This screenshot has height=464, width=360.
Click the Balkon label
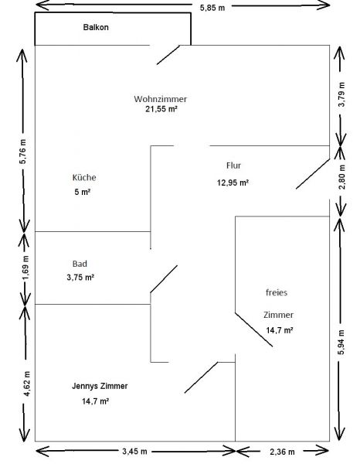[x=96, y=27]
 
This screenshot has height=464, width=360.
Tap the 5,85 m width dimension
[x=212, y=8]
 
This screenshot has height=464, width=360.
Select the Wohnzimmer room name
[x=160, y=99]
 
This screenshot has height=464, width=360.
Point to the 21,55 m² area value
[x=161, y=109]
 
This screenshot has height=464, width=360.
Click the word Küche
[x=84, y=178]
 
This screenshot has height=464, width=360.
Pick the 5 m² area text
[x=82, y=192]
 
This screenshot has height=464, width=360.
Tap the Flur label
[x=233, y=165]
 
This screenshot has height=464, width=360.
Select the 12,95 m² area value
[x=233, y=183]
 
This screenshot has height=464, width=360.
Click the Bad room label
[x=80, y=264]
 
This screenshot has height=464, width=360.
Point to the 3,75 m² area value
[x=80, y=278]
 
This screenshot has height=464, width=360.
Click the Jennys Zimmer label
[x=100, y=386]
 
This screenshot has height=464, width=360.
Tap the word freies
[x=277, y=292]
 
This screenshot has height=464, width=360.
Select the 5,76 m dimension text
[x=23, y=151]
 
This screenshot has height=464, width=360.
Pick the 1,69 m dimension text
[x=25, y=268]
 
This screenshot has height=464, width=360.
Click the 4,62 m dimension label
[x=26, y=384]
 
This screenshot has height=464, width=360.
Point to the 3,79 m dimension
[x=341, y=94]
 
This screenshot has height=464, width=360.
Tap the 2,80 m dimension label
[x=341, y=177]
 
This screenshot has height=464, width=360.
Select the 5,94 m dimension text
[x=341, y=342]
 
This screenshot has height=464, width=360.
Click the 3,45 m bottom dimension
[x=134, y=452]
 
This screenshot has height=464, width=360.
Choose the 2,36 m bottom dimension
[x=282, y=452]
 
